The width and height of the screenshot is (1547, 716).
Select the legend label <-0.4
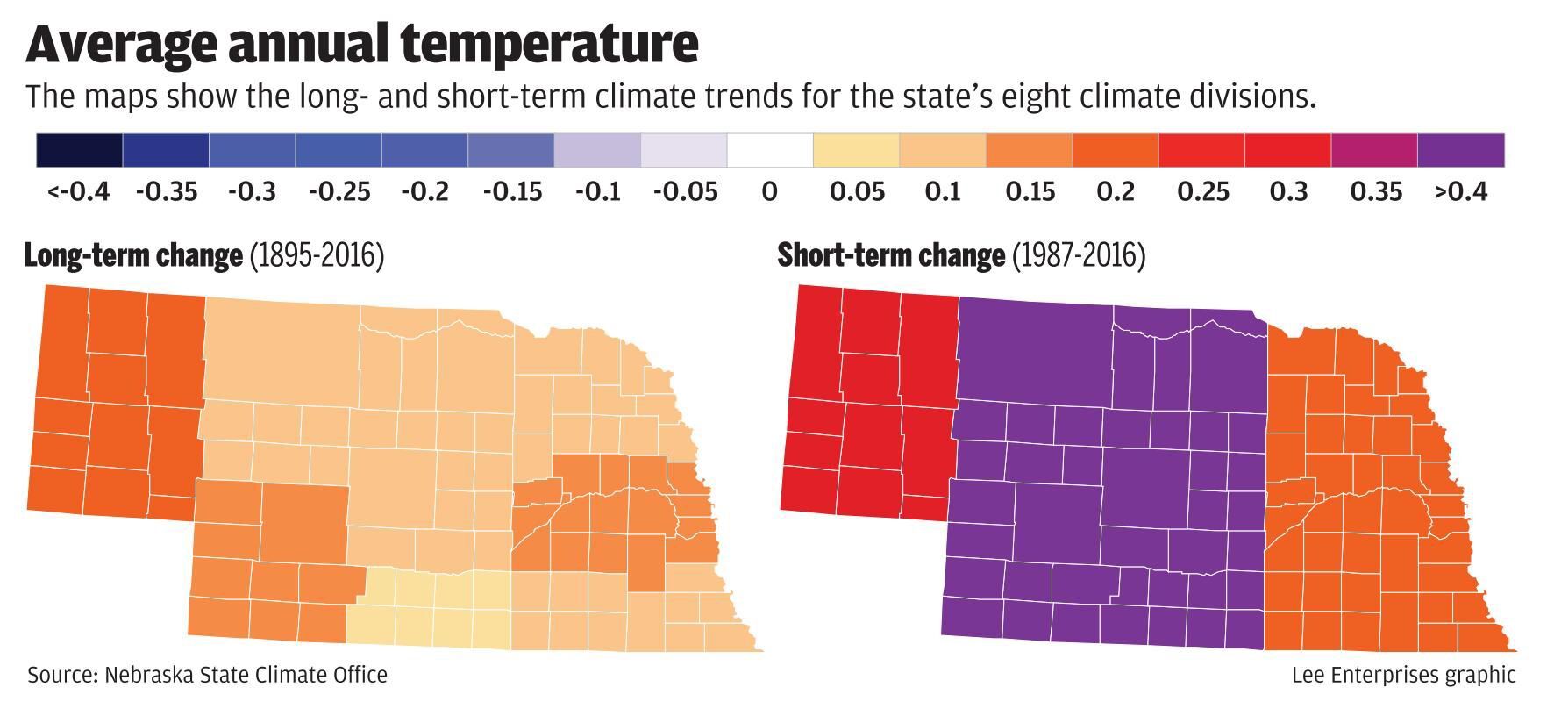79,191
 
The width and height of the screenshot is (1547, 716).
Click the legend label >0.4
1461,191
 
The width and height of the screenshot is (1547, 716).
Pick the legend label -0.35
166,191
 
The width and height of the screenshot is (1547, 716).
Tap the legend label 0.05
856,191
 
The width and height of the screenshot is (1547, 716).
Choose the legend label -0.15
511,191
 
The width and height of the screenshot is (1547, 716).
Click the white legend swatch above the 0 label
770,150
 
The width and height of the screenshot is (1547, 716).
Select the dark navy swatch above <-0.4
79,150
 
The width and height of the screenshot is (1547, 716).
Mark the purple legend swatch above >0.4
1461,150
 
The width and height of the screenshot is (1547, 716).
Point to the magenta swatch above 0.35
1374,150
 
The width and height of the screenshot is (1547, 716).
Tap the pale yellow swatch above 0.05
856,150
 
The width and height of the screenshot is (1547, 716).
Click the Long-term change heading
133,255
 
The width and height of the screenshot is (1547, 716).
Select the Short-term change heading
891,255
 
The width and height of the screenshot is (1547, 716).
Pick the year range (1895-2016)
317,255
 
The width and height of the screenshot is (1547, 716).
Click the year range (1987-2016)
1079,255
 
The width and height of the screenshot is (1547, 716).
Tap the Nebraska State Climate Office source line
207,675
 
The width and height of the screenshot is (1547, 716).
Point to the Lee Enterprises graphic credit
1403,675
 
